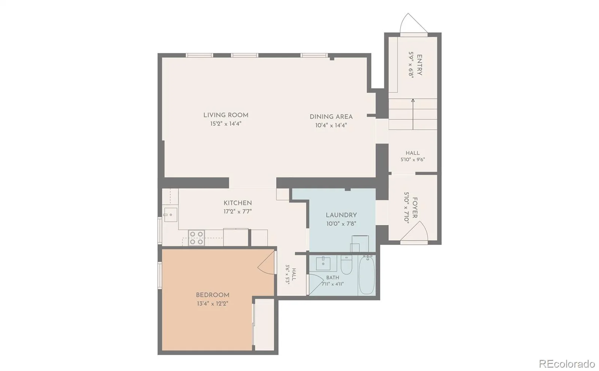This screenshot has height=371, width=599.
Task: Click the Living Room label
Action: click(x=226, y=115)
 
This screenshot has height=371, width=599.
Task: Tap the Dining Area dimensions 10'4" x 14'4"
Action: click(x=331, y=125)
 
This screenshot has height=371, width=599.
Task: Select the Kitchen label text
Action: click(x=237, y=203)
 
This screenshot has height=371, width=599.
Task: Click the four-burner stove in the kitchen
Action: click(x=196, y=238)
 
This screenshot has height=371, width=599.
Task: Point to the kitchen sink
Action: click(x=170, y=214)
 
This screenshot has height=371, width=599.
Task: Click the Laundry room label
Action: click(x=341, y=215)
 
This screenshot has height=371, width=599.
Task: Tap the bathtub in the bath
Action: click(x=367, y=275)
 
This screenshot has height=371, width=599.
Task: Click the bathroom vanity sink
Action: click(x=323, y=263)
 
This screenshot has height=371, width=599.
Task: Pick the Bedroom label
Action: click(x=213, y=295)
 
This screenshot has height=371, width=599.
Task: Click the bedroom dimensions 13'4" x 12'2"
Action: click(x=213, y=303)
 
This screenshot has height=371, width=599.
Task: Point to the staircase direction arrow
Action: click(x=413, y=114)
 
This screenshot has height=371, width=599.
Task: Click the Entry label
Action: click(x=419, y=65)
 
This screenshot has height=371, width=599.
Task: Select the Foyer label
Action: click(x=415, y=208)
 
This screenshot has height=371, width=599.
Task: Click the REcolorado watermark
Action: click(x=567, y=364)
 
